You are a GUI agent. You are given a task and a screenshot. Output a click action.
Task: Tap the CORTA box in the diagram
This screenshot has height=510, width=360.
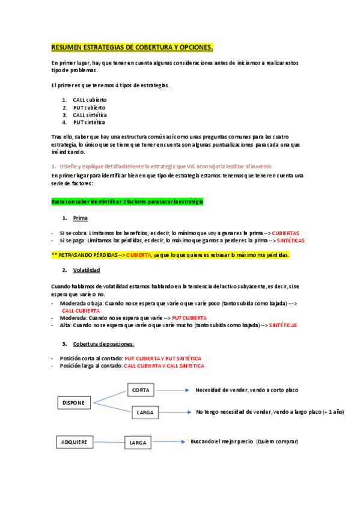(x=141, y=390)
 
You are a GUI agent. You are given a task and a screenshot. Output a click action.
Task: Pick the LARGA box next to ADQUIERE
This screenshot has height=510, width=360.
(x=138, y=443)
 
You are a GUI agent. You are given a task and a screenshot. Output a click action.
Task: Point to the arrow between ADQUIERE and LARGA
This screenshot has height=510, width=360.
(x=109, y=443)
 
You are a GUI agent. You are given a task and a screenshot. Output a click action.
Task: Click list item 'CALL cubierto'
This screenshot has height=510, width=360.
(x=90, y=100)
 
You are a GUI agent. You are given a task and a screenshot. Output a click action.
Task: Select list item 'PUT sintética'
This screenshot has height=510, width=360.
(x=90, y=122)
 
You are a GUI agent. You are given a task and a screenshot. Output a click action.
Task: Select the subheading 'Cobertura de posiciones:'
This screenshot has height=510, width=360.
(x=103, y=343)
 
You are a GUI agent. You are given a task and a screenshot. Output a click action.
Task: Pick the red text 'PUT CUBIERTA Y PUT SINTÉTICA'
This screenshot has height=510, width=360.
(x=163, y=358)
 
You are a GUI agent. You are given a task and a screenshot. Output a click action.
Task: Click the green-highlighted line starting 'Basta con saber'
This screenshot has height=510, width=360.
(x=127, y=201)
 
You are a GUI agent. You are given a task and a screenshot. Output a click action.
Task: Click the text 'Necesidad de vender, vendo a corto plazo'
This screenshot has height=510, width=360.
(x=246, y=390)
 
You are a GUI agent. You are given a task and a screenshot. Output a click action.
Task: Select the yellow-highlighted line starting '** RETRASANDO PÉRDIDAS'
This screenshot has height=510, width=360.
(x=170, y=255)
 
